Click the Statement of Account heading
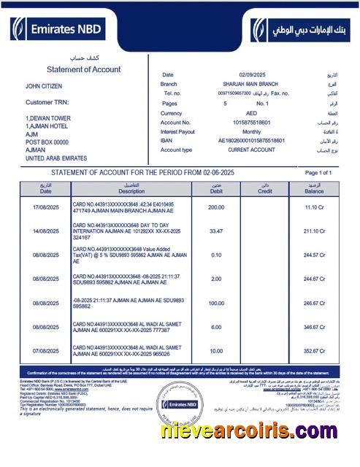[x=83, y=69]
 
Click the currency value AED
[x=250, y=113]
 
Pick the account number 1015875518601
[x=251, y=123]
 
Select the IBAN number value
[x=252, y=140]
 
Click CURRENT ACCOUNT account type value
[x=253, y=150]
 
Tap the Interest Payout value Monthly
[x=250, y=131]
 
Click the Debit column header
[x=215, y=189]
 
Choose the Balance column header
[x=314, y=189]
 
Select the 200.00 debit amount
[x=216, y=207]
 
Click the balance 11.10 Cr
[x=315, y=207]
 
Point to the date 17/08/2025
[x=45, y=207]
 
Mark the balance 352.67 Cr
[x=314, y=350]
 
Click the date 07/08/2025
[x=45, y=350]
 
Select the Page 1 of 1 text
[x=318, y=172]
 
